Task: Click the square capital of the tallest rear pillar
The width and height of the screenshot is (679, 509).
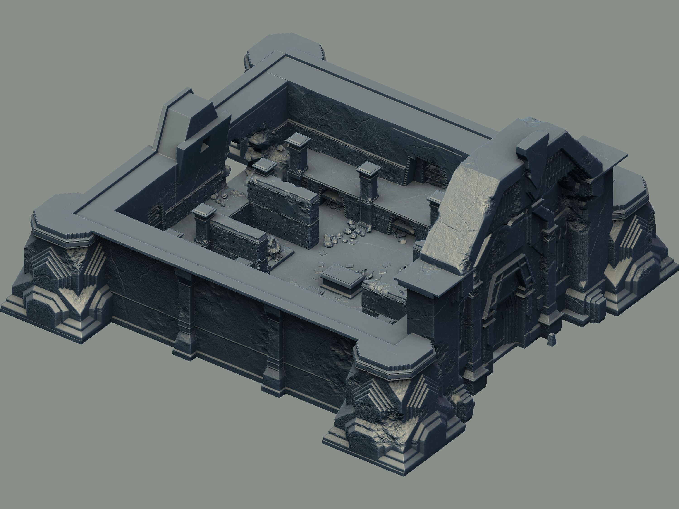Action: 298,142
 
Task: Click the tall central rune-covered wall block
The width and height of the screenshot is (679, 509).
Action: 282,209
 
